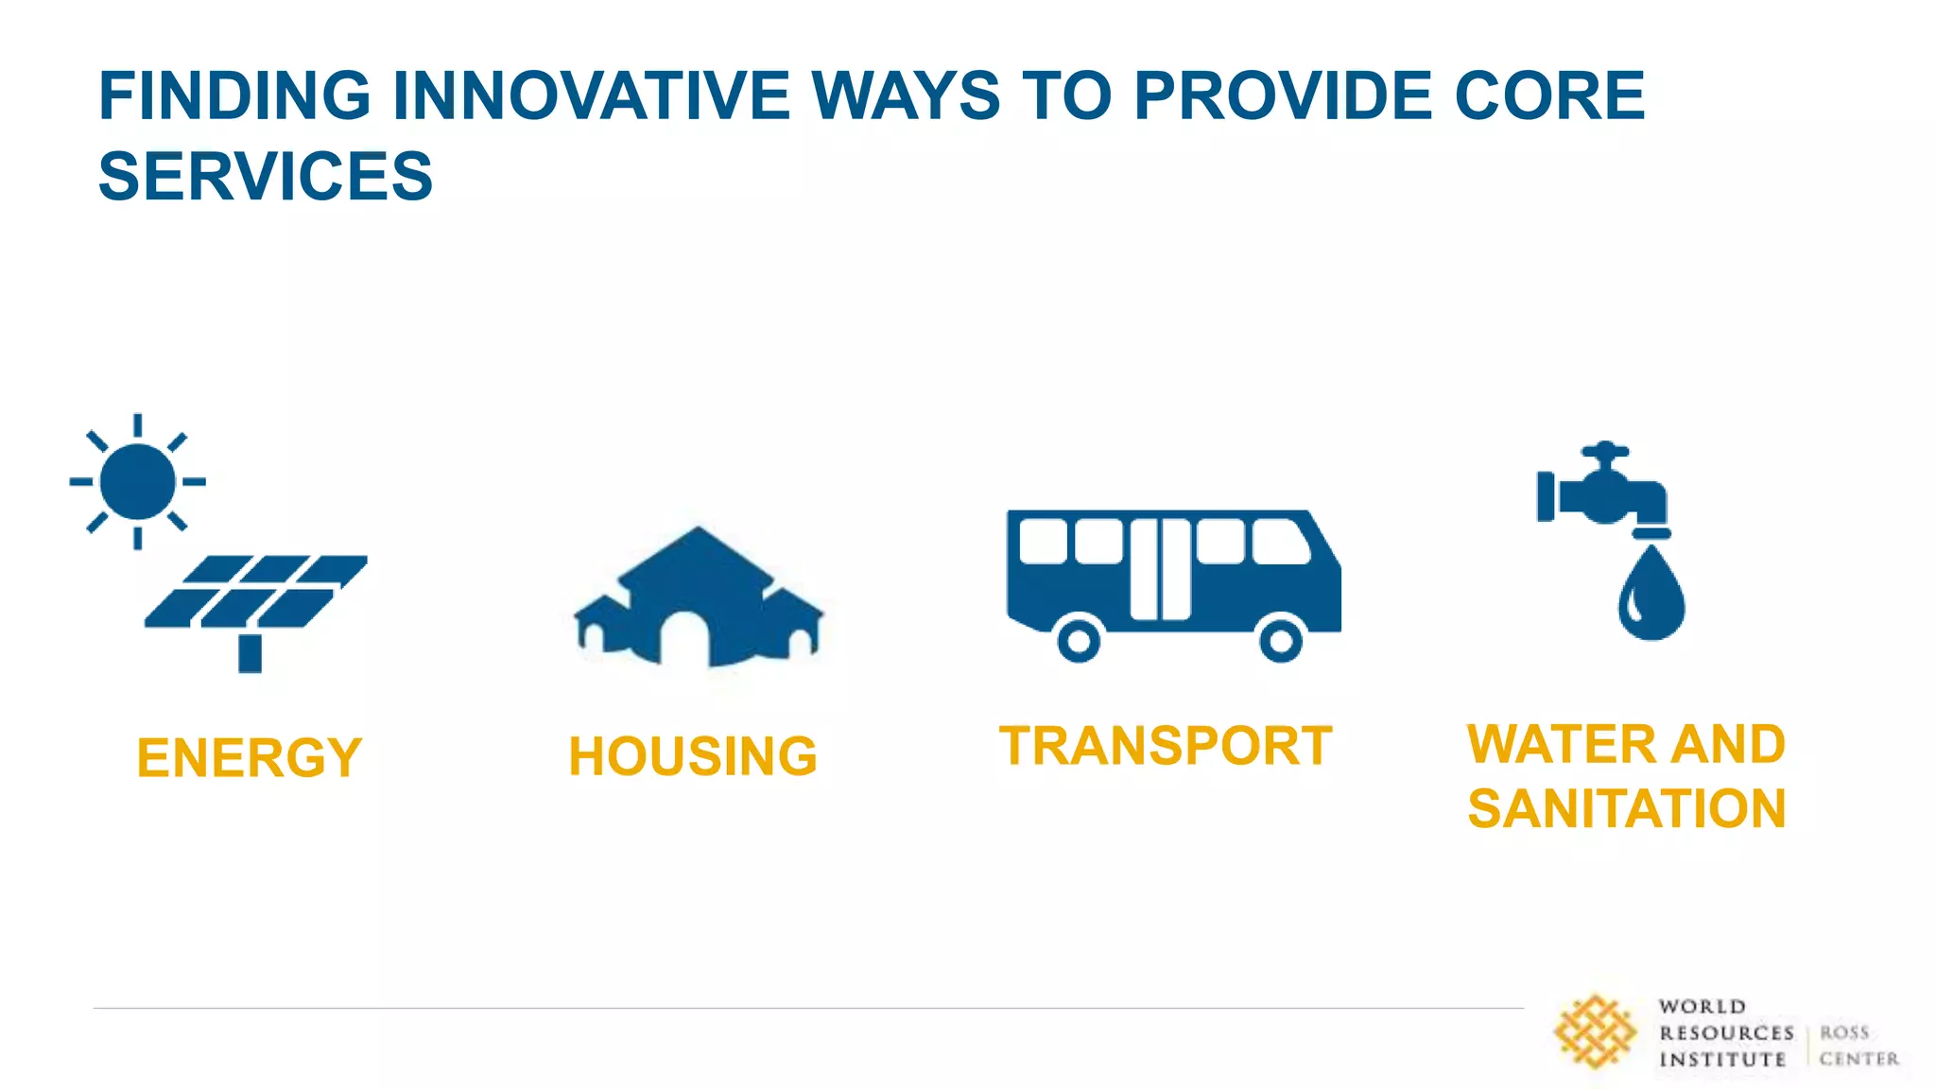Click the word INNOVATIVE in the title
(591, 95)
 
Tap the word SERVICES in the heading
(266, 177)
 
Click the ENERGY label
(250, 757)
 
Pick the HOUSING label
(693, 756)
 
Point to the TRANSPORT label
(1166, 746)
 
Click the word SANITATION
(1626, 809)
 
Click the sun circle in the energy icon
(138, 481)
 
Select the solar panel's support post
(250, 652)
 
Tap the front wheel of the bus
(1281, 640)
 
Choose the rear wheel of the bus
(1079, 640)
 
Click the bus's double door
(1161, 569)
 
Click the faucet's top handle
(1605, 450)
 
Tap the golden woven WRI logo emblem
(1595, 1031)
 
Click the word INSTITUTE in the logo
(1721, 1060)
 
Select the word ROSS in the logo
(1843, 1032)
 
